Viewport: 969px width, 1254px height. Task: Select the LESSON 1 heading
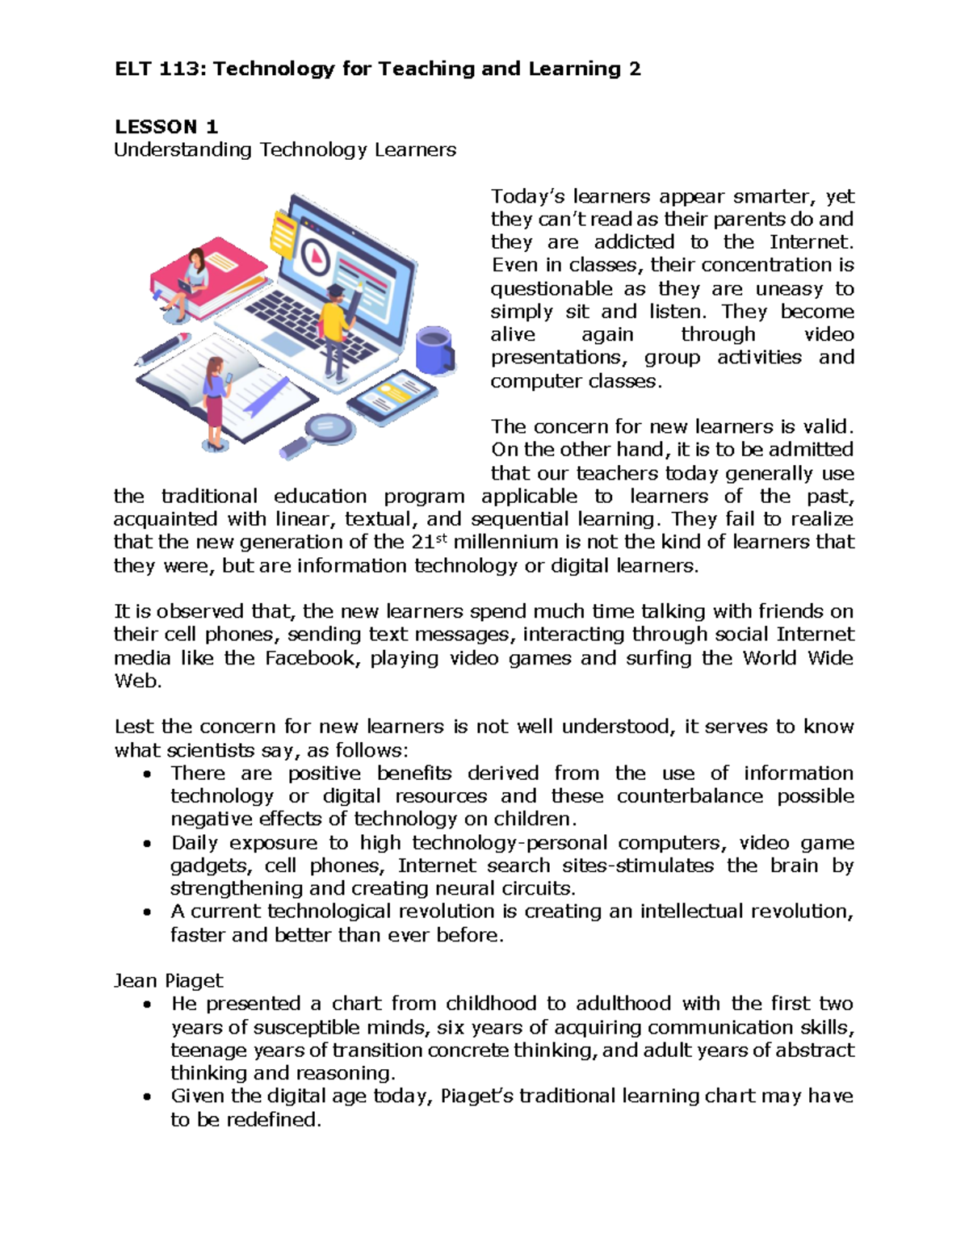pos(166,127)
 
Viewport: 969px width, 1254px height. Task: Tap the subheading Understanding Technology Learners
pos(284,150)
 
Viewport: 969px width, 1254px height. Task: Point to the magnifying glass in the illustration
pos(328,430)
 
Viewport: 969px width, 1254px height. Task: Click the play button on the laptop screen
pos(317,258)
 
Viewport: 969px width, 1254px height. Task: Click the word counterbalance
pos(689,796)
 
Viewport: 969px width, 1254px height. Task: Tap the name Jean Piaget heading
pos(168,980)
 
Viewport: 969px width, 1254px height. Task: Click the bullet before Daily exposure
pos(146,844)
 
